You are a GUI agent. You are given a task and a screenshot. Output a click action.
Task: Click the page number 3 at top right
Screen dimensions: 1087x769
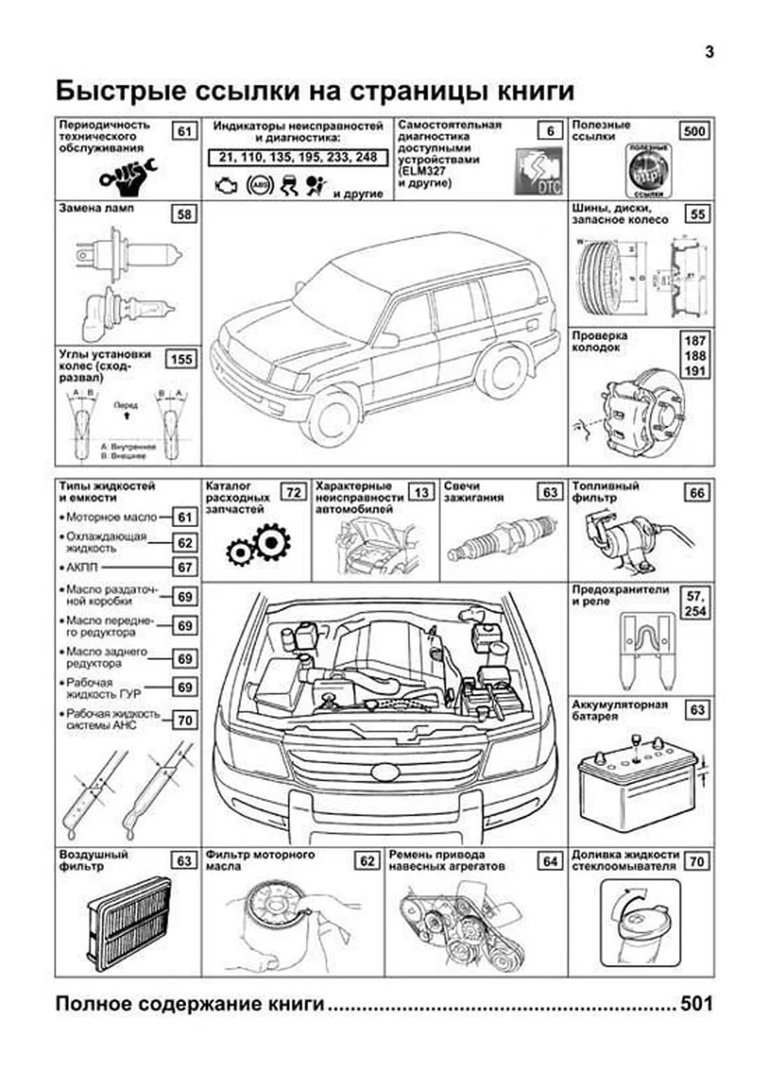click(709, 53)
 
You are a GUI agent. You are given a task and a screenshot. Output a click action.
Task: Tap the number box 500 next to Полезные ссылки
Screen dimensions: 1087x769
click(695, 131)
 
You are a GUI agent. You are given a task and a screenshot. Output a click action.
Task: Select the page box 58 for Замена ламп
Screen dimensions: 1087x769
click(185, 214)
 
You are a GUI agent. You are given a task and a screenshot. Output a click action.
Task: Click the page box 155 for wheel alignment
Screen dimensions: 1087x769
click(181, 359)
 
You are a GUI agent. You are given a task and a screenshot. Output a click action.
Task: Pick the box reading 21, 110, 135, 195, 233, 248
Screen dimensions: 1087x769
click(298, 158)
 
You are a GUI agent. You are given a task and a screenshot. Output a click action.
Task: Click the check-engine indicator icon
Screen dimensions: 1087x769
click(226, 186)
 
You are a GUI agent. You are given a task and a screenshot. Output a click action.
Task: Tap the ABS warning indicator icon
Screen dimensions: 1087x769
click(260, 185)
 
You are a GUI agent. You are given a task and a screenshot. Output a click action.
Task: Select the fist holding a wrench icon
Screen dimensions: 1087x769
click(128, 176)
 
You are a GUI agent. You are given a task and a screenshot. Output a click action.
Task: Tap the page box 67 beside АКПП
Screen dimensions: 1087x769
click(185, 568)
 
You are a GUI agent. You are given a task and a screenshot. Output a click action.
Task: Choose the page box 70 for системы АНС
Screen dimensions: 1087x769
click(185, 721)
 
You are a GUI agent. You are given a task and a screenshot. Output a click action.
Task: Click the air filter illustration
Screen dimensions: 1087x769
click(129, 924)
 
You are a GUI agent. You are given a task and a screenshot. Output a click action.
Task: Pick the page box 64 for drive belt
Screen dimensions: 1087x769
click(550, 862)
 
